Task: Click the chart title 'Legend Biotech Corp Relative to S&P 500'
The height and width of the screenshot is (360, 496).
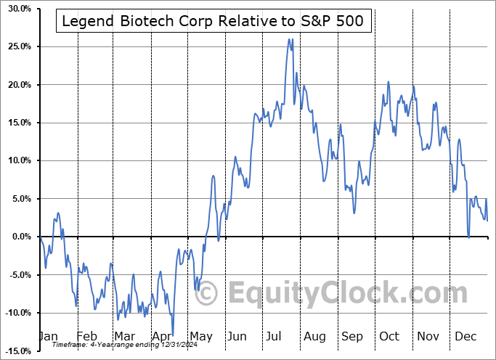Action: [214, 22]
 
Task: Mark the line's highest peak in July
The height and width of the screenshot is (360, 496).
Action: [289, 39]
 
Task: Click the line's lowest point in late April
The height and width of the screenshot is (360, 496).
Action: [173, 335]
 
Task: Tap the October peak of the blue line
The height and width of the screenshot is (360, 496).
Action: [389, 82]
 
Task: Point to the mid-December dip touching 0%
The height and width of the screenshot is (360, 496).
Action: [468, 237]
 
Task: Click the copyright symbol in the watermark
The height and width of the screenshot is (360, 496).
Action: [206, 293]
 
